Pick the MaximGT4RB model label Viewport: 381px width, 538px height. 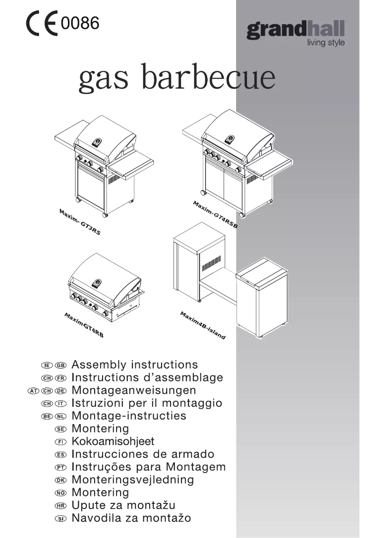[x=84, y=325]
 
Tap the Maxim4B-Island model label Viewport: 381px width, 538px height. [x=202, y=325]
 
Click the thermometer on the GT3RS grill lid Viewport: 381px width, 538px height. [x=97, y=141]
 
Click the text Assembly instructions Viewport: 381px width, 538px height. [x=134, y=365]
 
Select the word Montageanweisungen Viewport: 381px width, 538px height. [x=133, y=390]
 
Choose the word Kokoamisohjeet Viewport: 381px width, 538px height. [x=113, y=442]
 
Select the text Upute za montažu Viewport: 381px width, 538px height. [x=124, y=506]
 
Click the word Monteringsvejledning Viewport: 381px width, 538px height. [x=133, y=480]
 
